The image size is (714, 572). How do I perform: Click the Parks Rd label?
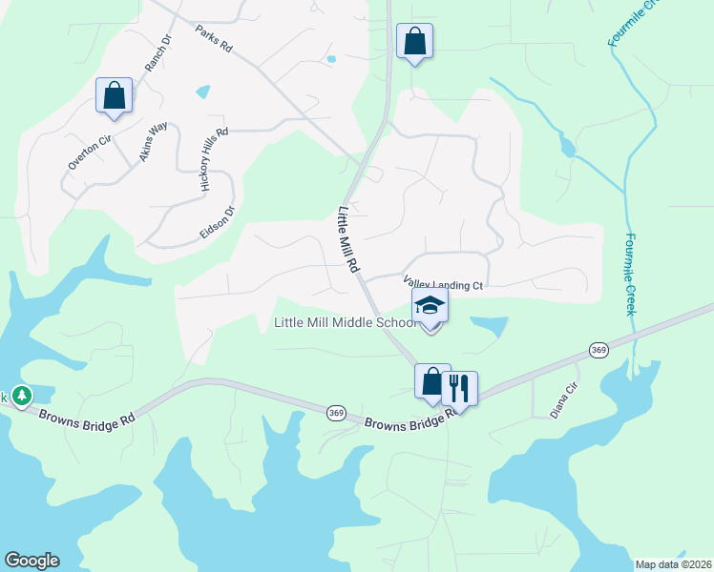pos(214,38)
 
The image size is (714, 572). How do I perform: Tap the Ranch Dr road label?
pos(157,54)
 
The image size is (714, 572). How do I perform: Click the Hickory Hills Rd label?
pos(215,161)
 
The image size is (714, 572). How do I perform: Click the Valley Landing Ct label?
pos(445,284)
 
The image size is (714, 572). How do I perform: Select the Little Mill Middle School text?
pos(346,322)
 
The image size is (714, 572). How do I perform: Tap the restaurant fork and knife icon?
pos(459,388)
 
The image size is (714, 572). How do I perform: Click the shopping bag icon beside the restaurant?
pos(431,381)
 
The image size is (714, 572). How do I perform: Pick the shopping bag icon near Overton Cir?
pos(114,95)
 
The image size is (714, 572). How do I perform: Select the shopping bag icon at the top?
pos(414,42)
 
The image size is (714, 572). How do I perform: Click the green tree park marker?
pos(21,395)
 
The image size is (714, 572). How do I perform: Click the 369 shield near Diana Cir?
pos(598,351)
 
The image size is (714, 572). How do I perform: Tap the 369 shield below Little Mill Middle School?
pos(335,413)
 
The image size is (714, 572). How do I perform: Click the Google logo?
pos(31,561)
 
